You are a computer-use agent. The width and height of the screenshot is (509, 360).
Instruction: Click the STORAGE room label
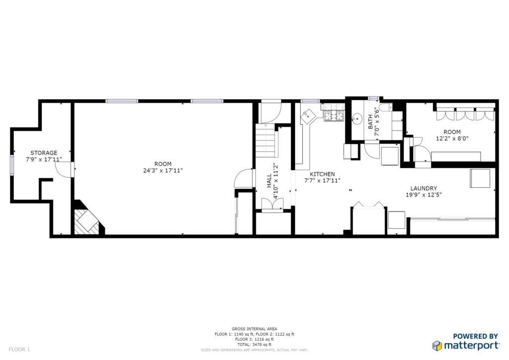(x=44, y=153)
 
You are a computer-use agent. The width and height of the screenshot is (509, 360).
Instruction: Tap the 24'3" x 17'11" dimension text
(x=163, y=171)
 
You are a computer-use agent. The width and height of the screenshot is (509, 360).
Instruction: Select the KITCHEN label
(x=322, y=175)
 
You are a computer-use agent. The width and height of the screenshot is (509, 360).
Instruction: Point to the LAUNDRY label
(x=424, y=188)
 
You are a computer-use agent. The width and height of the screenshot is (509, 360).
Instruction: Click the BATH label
(x=370, y=121)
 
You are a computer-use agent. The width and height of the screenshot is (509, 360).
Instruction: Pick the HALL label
(x=269, y=181)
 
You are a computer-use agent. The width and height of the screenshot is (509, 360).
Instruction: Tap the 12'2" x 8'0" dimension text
(x=452, y=138)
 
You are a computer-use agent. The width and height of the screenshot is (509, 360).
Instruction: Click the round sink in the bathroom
(x=357, y=119)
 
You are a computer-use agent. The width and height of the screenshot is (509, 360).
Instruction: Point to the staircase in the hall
(x=266, y=141)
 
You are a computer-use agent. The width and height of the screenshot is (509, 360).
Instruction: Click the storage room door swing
(x=63, y=170)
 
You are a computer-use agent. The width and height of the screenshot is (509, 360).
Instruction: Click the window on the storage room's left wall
(x=12, y=166)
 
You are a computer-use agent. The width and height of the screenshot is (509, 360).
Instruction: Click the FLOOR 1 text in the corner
(x=19, y=350)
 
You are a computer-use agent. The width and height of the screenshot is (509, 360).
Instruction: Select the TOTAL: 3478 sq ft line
(x=254, y=345)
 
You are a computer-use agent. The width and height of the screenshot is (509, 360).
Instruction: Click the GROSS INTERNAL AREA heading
(x=254, y=329)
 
